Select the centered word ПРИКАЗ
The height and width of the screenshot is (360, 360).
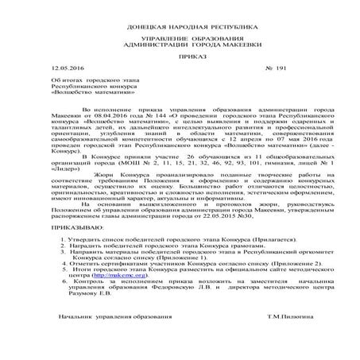click(x=180, y=58)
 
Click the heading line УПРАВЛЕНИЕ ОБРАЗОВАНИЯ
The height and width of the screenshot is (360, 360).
click(x=180, y=39)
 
